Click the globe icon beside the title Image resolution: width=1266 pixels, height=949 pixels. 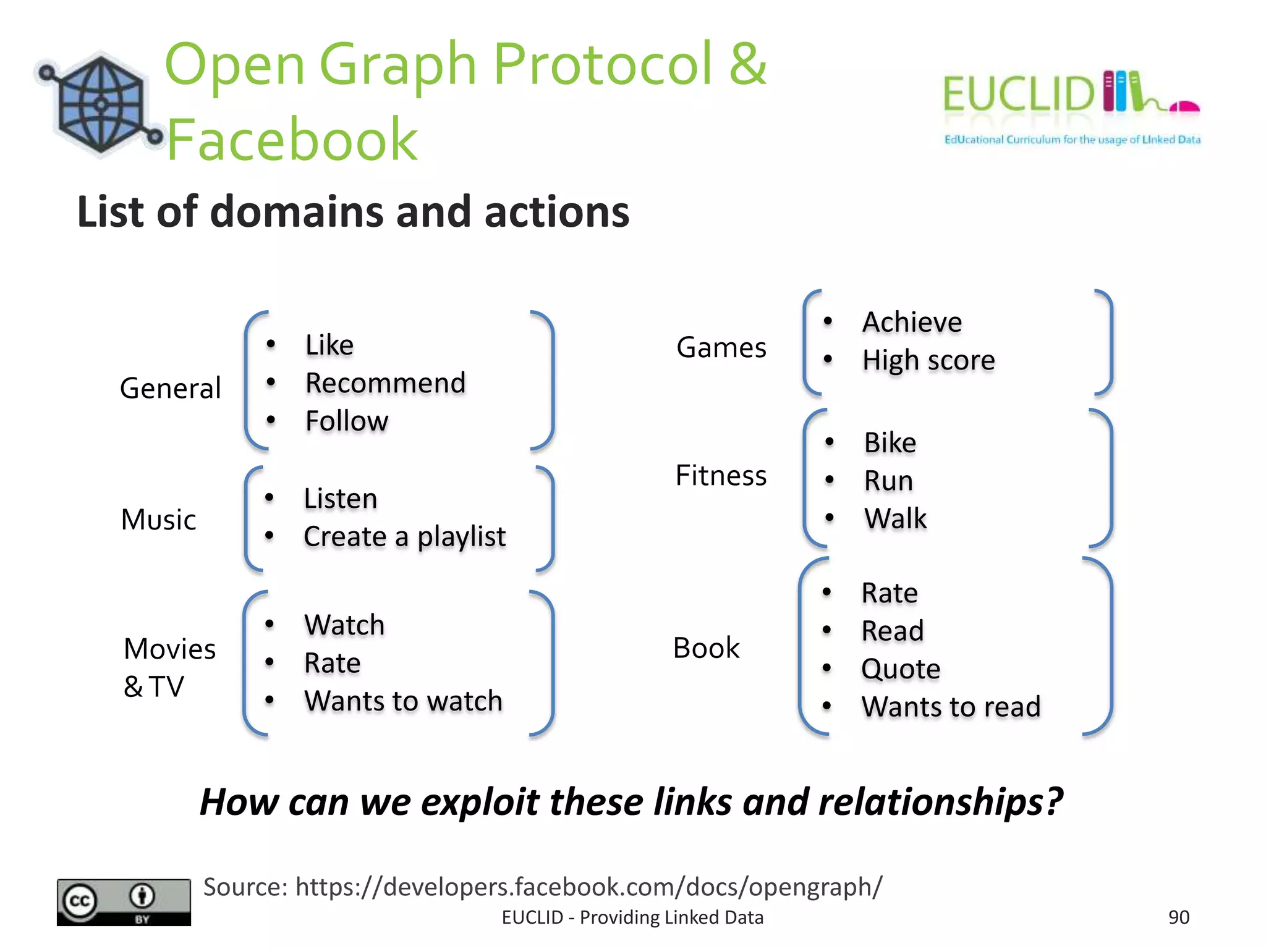click(101, 104)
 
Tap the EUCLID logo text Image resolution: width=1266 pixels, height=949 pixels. click(1018, 94)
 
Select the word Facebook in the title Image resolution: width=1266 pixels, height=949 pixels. click(292, 140)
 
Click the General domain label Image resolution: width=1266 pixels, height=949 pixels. click(170, 389)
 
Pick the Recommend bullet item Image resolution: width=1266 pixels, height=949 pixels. click(385, 383)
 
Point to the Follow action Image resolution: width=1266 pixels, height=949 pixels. click(347, 421)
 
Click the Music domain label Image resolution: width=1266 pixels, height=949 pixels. click(158, 520)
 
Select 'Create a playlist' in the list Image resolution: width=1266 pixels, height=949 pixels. click(404, 536)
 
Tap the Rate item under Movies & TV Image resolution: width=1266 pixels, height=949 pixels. click(332, 663)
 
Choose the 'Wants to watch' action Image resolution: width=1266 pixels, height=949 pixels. click(403, 701)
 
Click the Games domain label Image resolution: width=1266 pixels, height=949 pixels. click(721, 347)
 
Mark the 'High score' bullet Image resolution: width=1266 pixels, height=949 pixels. click(928, 360)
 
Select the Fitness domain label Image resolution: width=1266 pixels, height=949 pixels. click(721, 476)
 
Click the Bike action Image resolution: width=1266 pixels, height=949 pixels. click(890, 443)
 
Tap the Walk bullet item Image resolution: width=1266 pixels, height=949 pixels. click(895, 518)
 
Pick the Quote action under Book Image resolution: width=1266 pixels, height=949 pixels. click(900, 669)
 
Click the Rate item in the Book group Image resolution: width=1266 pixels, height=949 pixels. click(889, 593)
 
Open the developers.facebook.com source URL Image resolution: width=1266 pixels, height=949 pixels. click(588, 887)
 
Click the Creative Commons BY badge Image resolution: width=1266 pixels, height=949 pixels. click(124, 902)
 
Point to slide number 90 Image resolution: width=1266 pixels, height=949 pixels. click(1178, 917)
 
